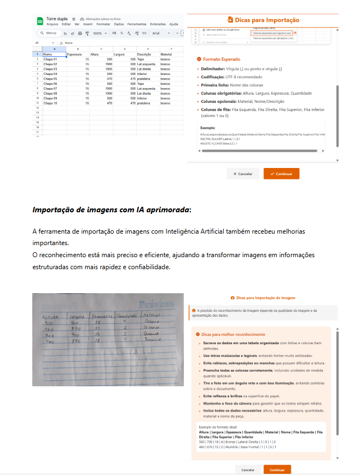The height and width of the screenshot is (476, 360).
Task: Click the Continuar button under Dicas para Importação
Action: tap(281, 174)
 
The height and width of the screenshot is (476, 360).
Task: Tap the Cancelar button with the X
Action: tap(242, 174)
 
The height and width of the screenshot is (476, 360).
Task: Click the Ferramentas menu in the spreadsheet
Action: tap(137, 24)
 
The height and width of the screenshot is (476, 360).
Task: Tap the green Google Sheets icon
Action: tap(39, 21)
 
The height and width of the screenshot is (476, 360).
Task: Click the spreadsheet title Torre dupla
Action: tap(56, 19)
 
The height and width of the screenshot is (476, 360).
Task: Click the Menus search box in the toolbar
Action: tap(49, 33)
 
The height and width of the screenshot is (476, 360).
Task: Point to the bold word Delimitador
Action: tap(215, 69)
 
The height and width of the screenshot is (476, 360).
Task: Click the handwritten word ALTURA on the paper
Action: tap(50, 316)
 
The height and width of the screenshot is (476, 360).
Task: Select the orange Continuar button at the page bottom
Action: tap(277, 469)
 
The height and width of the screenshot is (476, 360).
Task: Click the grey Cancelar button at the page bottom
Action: tap(248, 469)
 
